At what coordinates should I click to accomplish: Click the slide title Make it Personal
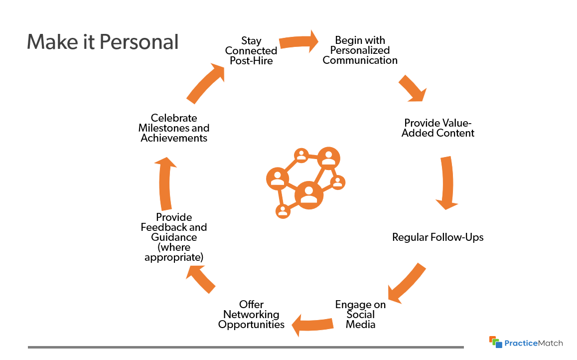[x=102, y=42]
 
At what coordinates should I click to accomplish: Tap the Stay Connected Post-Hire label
[x=251, y=51]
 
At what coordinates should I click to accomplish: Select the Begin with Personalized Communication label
[x=360, y=50]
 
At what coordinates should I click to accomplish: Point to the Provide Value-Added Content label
[x=437, y=128]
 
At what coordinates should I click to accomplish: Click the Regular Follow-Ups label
[x=437, y=237]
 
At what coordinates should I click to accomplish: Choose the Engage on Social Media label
[x=360, y=315]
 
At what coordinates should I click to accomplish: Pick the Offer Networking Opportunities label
[x=251, y=315]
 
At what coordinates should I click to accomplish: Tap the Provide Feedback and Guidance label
[x=174, y=237]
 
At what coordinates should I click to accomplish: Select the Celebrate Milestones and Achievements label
[x=174, y=128]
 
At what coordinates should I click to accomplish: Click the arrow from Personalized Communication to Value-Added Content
[x=413, y=88]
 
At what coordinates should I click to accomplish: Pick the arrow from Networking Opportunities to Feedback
[x=201, y=279]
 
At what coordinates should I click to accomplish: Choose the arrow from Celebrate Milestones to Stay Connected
[x=205, y=83]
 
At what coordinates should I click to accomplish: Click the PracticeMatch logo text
[x=533, y=343]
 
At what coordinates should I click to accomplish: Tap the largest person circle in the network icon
[x=309, y=195]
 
